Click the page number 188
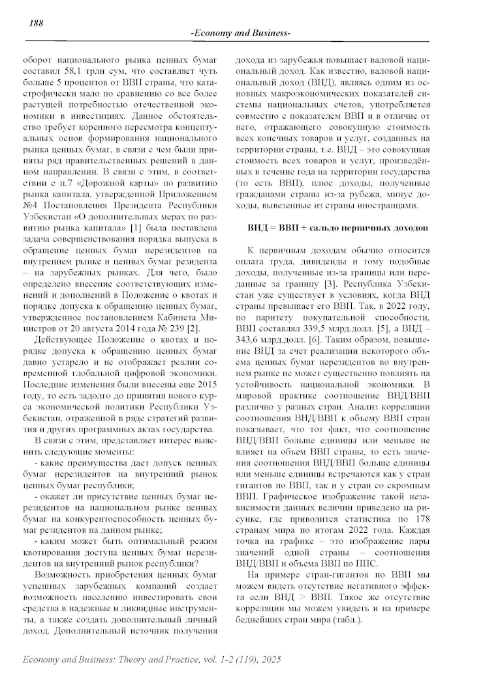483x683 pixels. click(37, 24)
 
